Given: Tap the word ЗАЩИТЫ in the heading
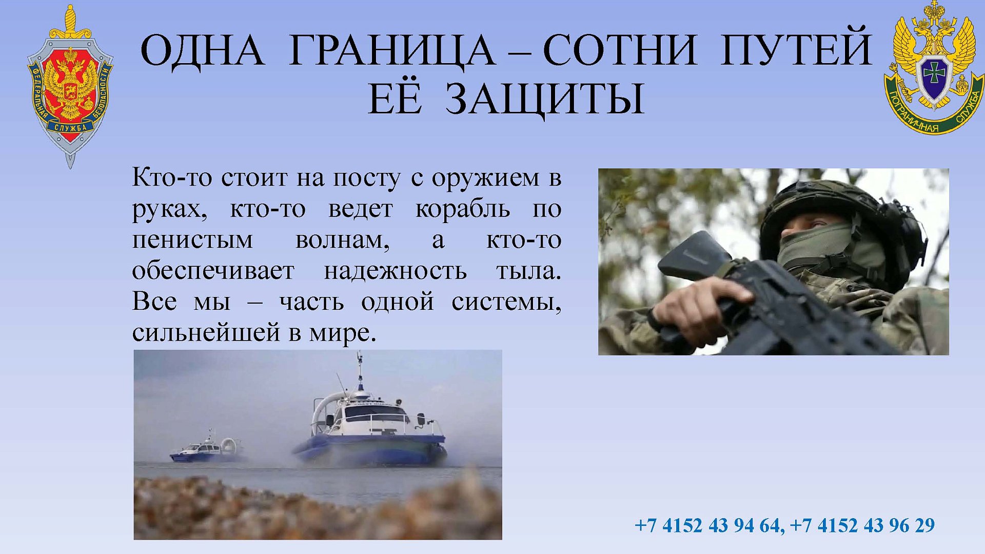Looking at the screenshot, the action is coord(544,98).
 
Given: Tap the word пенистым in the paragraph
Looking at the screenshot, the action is coord(192,240).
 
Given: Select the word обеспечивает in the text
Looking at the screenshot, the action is coord(213,271).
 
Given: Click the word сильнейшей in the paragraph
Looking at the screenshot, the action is coord(206,332).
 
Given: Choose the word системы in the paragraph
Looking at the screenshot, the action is coord(506,302).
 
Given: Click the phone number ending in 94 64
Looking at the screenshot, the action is coord(708,525).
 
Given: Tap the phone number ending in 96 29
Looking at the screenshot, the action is coord(862,525).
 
